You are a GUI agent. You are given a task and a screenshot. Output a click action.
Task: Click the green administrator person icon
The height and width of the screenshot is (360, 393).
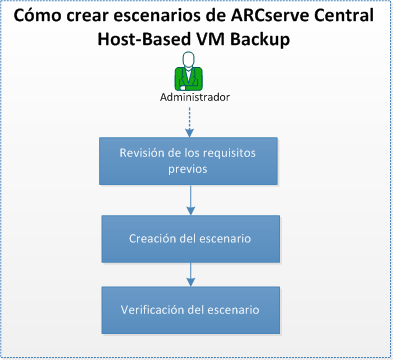[x=189, y=76]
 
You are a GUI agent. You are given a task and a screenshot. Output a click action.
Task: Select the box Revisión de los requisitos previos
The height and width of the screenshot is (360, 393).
[x=188, y=161]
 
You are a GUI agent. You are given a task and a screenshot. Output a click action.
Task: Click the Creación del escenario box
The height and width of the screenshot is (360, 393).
[x=188, y=239]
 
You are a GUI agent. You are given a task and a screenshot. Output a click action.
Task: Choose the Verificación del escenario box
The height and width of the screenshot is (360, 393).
[x=188, y=310]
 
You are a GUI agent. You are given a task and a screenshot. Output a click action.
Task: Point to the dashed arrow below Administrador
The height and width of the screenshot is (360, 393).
[x=189, y=119]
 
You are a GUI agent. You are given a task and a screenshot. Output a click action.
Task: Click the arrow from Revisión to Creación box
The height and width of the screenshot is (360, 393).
[x=189, y=200]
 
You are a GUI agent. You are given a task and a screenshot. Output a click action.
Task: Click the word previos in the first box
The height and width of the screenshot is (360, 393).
[x=188, y=169]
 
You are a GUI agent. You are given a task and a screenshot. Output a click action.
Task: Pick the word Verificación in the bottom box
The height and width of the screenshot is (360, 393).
[x=151, y=310]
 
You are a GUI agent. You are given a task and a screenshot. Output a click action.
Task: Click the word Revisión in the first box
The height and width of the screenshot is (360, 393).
[x=143, y=153]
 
